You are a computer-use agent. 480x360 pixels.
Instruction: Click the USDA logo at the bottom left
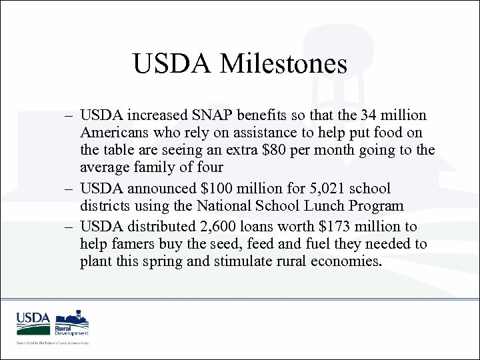coord(33,323)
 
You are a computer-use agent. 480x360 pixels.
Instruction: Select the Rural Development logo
coord(72,323)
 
